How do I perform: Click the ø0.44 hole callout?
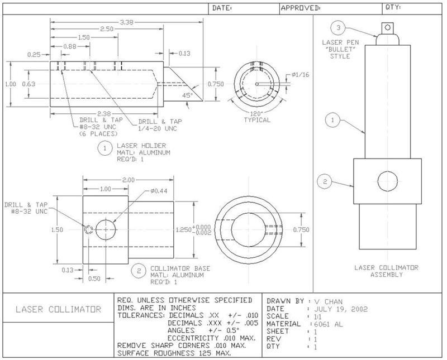coord(160,191)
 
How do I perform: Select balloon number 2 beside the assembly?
coord(325,180)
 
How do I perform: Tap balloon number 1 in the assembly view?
coord(332,119)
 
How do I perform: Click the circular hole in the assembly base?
coord(387,181)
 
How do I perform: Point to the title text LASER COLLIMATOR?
coord(58,309)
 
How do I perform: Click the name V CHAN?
coord(330,300)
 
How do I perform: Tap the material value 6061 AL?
coord(330,324)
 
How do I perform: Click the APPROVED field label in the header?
coord(300,8)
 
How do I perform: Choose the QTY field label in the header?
coord(393,8)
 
